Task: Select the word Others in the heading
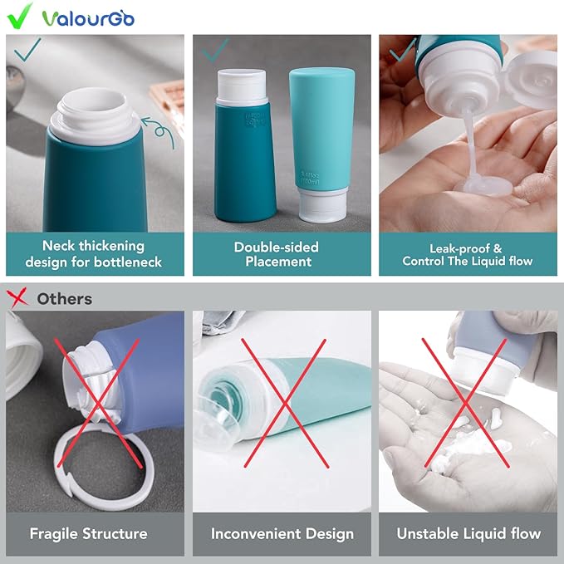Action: click(65, 298)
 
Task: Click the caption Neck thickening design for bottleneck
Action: click(95, 254)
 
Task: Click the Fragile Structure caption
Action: click(88, 533)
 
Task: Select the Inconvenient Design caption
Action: click(282, 533)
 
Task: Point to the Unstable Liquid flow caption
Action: click(468, 533)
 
